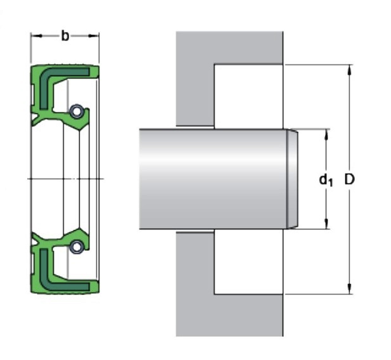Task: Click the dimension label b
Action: [65, 36]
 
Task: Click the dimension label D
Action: [349, 179]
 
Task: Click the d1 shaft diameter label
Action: [326, 180]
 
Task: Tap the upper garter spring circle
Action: [76, 112]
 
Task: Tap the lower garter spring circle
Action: [76, 247]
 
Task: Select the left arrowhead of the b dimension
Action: [36, 36]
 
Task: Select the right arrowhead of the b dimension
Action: [94, 36]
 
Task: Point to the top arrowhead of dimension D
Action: [350, 70]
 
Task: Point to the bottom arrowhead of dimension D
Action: [350, 289]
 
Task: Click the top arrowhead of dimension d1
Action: [326, 135]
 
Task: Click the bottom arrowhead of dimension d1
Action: [326, 224]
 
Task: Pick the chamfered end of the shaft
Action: [292, 179]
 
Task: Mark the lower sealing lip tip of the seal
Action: [80, 228]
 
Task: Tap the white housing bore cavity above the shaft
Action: [248, 97]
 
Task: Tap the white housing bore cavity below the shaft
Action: [248, 262]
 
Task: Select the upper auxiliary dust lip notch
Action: [35, 117]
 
